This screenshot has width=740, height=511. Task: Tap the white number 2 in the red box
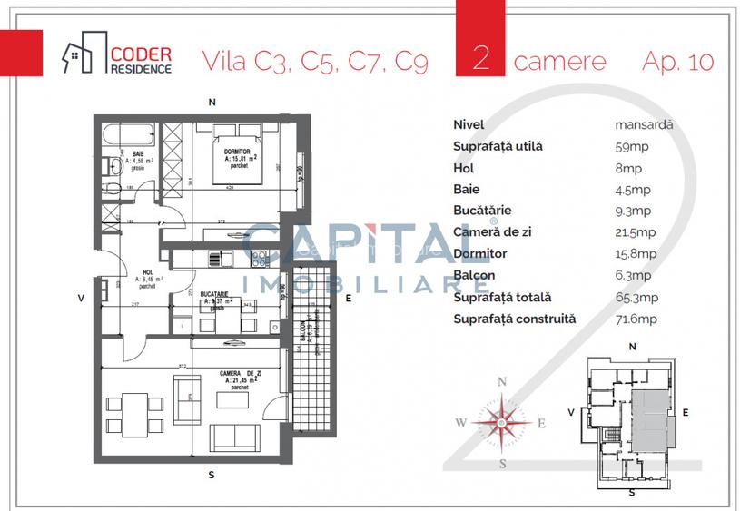tap(482, 60)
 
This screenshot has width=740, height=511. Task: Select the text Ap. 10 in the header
tap(677, 61)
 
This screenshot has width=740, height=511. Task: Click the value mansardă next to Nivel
tap(644, 125)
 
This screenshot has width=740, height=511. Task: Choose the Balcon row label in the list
tap(473, 275)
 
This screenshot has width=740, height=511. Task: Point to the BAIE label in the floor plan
tap(138, 154)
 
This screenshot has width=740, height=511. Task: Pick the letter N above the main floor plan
tap(211, 101)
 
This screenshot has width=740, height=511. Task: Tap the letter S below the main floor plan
tap(211, 475)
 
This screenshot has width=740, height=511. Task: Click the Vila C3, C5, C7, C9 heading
tap(314, 61)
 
